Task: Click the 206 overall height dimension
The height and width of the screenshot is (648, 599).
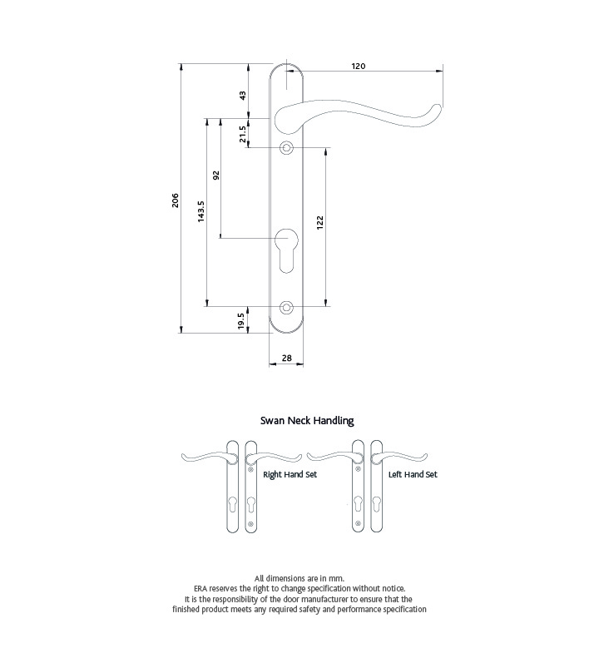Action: [x=176, y=200]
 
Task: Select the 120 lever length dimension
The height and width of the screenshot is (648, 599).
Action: [x=359, y=66]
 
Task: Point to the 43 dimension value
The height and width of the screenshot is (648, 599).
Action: [x=243, y=96]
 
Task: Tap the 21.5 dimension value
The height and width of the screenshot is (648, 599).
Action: [x=243, y=134]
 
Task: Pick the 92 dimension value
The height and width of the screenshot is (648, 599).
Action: [x=215, y=176]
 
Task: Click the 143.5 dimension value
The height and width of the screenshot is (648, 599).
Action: [x=200, y=211]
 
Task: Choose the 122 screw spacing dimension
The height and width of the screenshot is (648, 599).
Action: [x=319, y=223]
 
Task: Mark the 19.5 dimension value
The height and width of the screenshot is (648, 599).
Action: [x=241, y=321]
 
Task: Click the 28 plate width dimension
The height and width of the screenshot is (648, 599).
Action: [x=286, y=358]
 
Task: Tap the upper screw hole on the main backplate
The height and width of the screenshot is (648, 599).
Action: [x=286, y=147]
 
